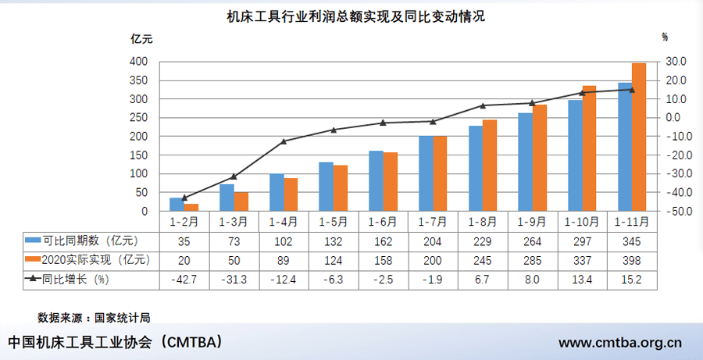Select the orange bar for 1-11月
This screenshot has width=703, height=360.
pyautogui.click(x=639, y=137)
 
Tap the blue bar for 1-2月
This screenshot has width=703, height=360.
pyautogui.click(x=176, y=205)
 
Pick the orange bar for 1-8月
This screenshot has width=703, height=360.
pyautogui.click(x=490, y=166)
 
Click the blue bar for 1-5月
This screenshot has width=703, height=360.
pyautogui.click(x=326, y=187)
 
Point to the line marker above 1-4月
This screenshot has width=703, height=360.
pyautogui.click(x=284, y=141)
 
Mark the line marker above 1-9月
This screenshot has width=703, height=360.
pyautogui.click(x=532, y=103)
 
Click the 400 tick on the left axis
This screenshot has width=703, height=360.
pyautogui.click(x=137, y=62)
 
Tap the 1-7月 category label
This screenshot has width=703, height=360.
pyautogui.click(x=433, y=222)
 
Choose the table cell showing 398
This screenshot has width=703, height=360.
pyautogui.click(x=631, y=259)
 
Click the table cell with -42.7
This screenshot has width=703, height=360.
pyautogui.click(x=184, y=278)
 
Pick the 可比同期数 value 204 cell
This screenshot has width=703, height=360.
pyautogui.click(x=433, y=241)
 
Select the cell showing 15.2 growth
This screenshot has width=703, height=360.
pyautogui.click(x=631, y=278)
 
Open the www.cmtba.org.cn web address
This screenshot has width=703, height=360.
pyautogui.click(x=621, y=342)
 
